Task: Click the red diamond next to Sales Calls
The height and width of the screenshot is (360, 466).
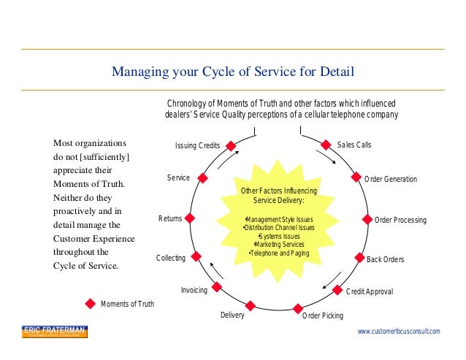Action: [x=326, y=145]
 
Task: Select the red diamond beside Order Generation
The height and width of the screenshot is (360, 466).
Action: [x=356, y=177]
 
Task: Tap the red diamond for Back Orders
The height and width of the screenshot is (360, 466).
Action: [x=359, y=258]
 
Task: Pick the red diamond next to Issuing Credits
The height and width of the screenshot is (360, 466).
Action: [x=231, y=145]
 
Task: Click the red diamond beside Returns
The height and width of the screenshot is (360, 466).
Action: [x=190, y=218]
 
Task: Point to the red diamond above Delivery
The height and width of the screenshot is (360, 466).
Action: [x=251, y=306]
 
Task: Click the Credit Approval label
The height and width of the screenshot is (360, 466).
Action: [x=369, y=291]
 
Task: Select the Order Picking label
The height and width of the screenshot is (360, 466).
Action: [x=322, y=316]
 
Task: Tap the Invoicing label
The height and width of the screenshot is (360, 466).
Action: [x=194, y=290]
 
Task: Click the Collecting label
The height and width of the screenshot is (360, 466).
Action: [x=170, y=258]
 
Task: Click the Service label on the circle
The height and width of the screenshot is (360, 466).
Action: [x=178, y=177]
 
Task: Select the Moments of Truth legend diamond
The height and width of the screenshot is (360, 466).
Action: [x=91, y=303]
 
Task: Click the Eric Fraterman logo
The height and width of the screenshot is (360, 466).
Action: [x=54, y=332]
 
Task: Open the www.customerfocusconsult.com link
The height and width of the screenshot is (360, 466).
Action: [x=399, y=332]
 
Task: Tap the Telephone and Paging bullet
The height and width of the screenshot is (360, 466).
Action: [x=279, y=253]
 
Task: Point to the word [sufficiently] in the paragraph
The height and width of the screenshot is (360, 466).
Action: [x=102, y=156]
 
